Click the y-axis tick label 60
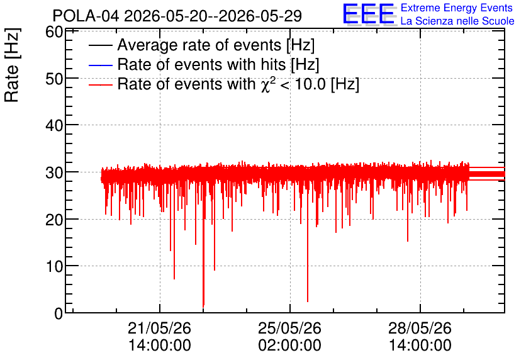coord(54,32)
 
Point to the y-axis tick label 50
coord(54,79)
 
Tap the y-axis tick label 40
coord(54,126)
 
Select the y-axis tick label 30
coord(54,173)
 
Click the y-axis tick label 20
coord(54,220)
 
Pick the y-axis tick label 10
coord(54,267)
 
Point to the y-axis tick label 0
coord(59,313)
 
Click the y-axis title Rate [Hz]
coord(12,65)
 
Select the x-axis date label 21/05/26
coord(159,328)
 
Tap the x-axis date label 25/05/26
coord(289,328)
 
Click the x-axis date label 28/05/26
coord(420,328)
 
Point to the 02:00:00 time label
coord(289,346)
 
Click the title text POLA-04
coord(86,16)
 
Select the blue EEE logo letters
coord(369,14)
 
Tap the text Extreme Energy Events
coord(457,8)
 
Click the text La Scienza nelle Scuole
coord(457,21)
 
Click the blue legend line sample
coord(100,65)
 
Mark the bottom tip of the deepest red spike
coord(203,307)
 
